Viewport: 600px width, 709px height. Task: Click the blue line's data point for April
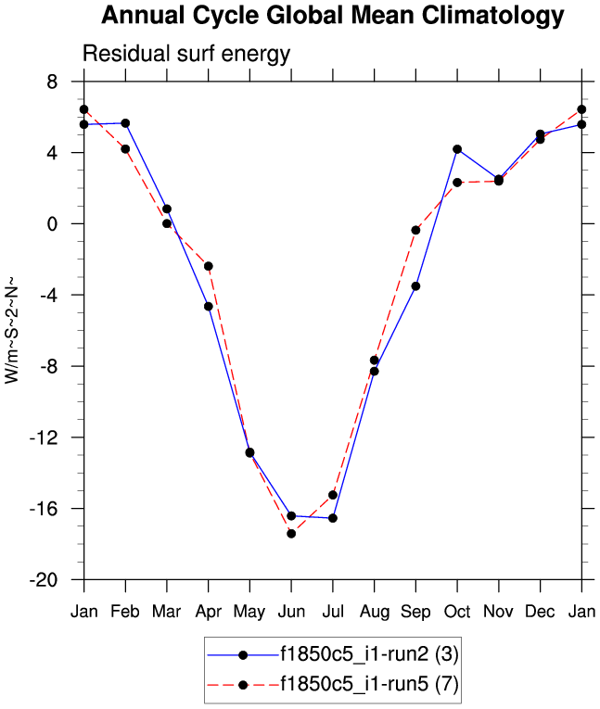[209, 306]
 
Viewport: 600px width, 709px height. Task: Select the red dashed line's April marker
[209, 266]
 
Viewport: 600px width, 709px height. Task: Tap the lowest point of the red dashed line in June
[291, 533]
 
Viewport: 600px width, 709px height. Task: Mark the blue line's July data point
[333, 517]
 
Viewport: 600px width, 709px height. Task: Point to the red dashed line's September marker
[415, 229]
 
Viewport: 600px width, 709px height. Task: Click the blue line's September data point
[415, 285]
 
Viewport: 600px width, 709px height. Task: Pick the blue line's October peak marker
[457, 149]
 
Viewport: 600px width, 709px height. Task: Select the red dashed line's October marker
[457, 183]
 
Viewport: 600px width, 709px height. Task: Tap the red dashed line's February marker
[125, 149]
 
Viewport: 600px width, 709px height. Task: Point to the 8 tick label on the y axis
[66, 82]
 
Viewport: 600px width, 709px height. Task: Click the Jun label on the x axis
[291, 613]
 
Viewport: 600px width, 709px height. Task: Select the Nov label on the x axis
[499, 613]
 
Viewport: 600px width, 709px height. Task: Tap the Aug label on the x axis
[374, 613]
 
